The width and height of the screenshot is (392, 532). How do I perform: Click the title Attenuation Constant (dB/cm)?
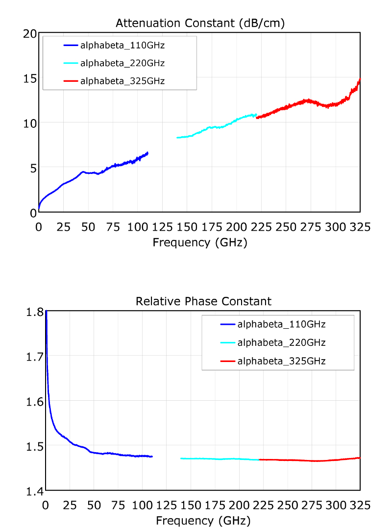coord(200,23)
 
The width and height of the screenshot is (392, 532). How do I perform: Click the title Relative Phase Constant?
coord(203,301)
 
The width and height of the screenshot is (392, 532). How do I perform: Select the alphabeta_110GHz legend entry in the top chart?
coord(122,46)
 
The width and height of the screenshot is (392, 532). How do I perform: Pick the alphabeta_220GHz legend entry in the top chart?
coord(122,63)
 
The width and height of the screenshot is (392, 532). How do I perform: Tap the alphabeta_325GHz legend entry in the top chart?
coord(122,81)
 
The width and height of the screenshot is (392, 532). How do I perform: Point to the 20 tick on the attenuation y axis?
coord(30,33)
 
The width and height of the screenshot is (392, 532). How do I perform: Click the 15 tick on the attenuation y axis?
coord(30,78)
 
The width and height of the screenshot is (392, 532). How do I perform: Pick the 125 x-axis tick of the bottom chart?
coord(166,505)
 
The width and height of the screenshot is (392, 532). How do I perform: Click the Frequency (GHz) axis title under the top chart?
coord(200,242)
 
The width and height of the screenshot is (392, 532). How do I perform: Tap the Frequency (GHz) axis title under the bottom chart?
coord(203,520)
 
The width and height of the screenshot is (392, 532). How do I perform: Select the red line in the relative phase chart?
coord(309,460)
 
